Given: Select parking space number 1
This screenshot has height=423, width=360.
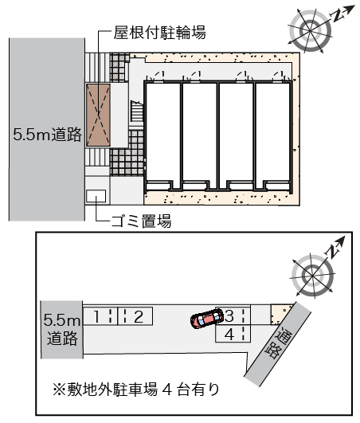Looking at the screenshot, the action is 100,316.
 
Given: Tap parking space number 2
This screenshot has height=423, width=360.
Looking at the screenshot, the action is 135,316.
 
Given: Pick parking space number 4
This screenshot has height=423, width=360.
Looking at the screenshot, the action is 233,334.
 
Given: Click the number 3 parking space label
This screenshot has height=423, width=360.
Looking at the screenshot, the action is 229,316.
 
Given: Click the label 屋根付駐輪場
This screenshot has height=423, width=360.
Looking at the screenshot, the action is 159,33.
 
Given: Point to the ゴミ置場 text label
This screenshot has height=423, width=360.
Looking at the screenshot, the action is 141,221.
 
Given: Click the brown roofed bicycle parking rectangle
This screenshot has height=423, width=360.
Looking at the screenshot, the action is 99,116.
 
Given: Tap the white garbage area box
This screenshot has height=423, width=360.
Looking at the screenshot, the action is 96,196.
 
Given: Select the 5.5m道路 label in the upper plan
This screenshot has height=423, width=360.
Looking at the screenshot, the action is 47,134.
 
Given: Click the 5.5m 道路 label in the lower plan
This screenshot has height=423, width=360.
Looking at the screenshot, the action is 62,330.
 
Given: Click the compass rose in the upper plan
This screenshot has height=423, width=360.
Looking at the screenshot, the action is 310,30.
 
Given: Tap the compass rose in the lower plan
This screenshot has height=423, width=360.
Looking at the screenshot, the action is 313,276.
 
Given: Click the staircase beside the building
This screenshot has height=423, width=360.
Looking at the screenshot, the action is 137,111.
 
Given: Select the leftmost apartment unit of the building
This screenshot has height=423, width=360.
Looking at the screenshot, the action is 163,135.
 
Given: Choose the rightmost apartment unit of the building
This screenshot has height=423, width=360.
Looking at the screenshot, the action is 273,135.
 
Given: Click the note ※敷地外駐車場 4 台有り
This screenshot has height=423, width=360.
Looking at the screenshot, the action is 136,390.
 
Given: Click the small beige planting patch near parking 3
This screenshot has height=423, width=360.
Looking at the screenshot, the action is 280,315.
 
